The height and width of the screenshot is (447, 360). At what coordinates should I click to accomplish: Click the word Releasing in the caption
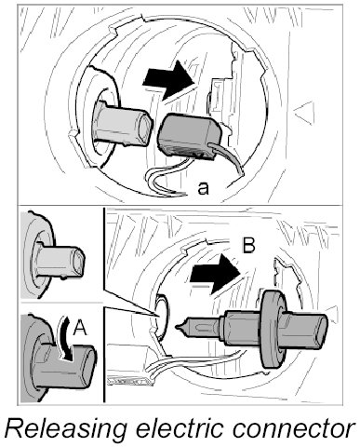pyautogui.click(x=66, y=429)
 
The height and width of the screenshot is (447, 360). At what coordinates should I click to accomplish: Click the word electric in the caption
pyautogui.click(x=180, y=427)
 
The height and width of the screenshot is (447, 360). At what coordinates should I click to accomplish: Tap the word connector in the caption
pyautogui.click(x=293, y=429)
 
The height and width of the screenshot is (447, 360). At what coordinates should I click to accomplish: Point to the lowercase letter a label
pyautogui.click(x=203, y=188)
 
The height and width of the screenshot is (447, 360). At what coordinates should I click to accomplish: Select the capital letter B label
pyautogui.click(x=248, y=245)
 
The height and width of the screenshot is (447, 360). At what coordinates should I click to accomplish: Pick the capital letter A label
pyautogui.click(x=80, y=328)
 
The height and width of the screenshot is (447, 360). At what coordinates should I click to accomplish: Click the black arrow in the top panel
pyautogui.click(x=168, y=80)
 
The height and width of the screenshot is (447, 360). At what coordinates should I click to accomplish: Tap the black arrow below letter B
pyautogui.click(x=216, y=274)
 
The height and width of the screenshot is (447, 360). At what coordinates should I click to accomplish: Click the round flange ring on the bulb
pyautogui.click(x=273, y=329)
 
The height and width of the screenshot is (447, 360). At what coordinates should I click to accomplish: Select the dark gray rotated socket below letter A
pyautogui.click(x=63, y=367)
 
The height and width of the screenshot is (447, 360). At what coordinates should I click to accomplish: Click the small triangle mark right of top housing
pyautogui.click(x=304, y=113)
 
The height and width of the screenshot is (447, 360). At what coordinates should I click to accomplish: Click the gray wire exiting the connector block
pyautogui.click(x=227, y=157)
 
